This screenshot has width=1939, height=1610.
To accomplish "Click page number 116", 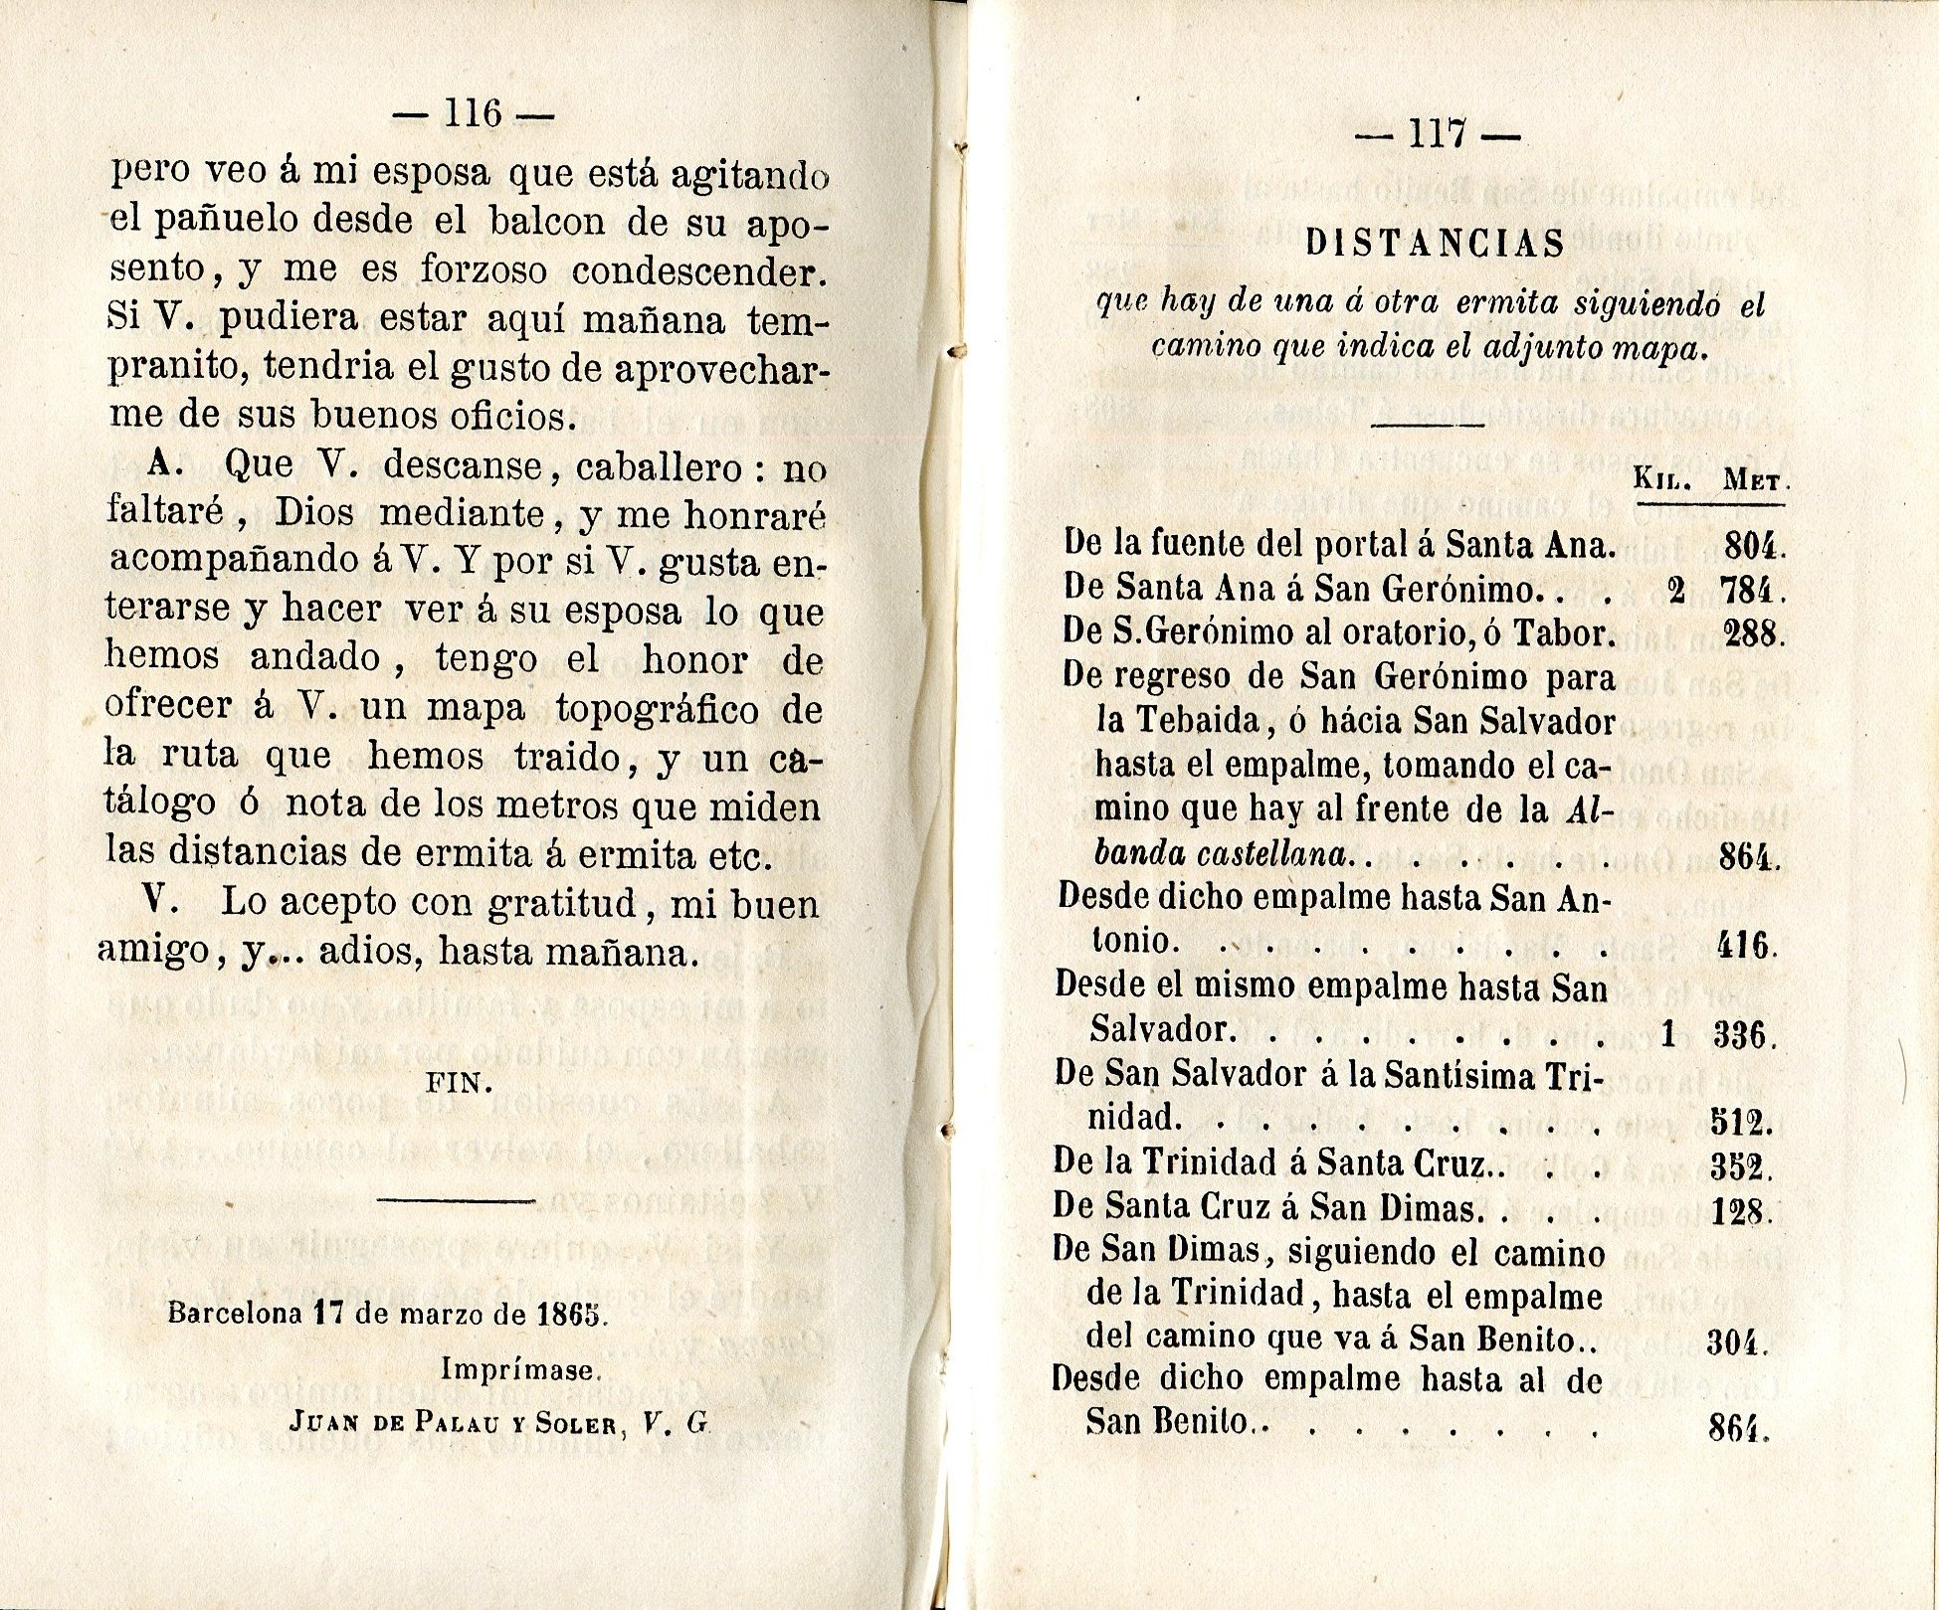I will point(473,113).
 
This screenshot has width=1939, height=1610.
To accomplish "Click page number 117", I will point(1439,133).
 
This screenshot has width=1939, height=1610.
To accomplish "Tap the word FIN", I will point(459,1083).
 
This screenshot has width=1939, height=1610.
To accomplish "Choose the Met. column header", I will point(1755,481).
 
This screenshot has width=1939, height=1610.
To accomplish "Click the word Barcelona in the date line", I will point(234,1313).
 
